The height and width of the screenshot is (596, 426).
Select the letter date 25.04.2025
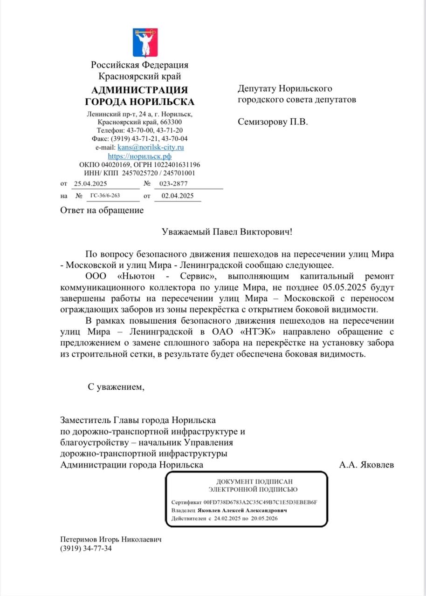pyautogui.click(x=90, y=183)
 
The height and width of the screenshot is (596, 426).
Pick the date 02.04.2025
pyautogui.click(x=178, y=196)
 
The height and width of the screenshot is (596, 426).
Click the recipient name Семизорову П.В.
pyautogui.click(x=273, y=122)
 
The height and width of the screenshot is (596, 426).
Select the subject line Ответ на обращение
pyautogui.click(x=102, y=210)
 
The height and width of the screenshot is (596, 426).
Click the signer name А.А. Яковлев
pyautogui.click(x=367, y=464)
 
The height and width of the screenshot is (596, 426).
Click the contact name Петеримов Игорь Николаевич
pyautogui.click(x=110, y=539)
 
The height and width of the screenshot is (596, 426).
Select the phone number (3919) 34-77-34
pyautogui.click(x=86, y=548)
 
